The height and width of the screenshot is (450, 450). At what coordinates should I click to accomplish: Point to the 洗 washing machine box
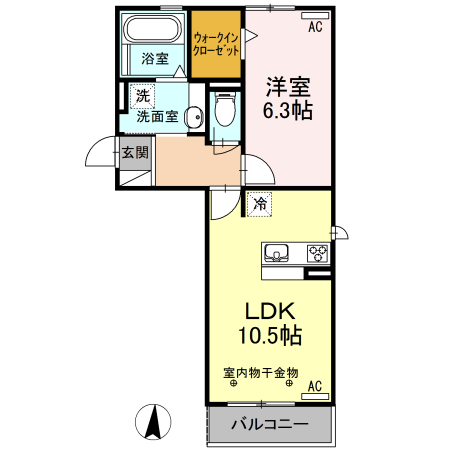(x=142, y=98)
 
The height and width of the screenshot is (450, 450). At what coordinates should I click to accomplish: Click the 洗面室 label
(x=157, y=116)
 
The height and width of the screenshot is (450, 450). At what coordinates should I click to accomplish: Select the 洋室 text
(x=289, y=85)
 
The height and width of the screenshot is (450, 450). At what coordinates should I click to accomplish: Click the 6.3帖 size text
(x=289, y=110)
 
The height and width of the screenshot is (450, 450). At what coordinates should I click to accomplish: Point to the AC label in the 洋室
(x=315, y=27)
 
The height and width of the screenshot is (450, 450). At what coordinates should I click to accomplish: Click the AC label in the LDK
(x=314, y=386)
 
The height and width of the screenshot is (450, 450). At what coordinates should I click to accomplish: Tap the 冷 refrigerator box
(x=260, y=204)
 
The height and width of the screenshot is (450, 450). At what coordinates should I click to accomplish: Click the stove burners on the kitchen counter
(x=317, y=253)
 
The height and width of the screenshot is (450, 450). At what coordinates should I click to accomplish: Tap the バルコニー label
(x=268, y=424)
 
